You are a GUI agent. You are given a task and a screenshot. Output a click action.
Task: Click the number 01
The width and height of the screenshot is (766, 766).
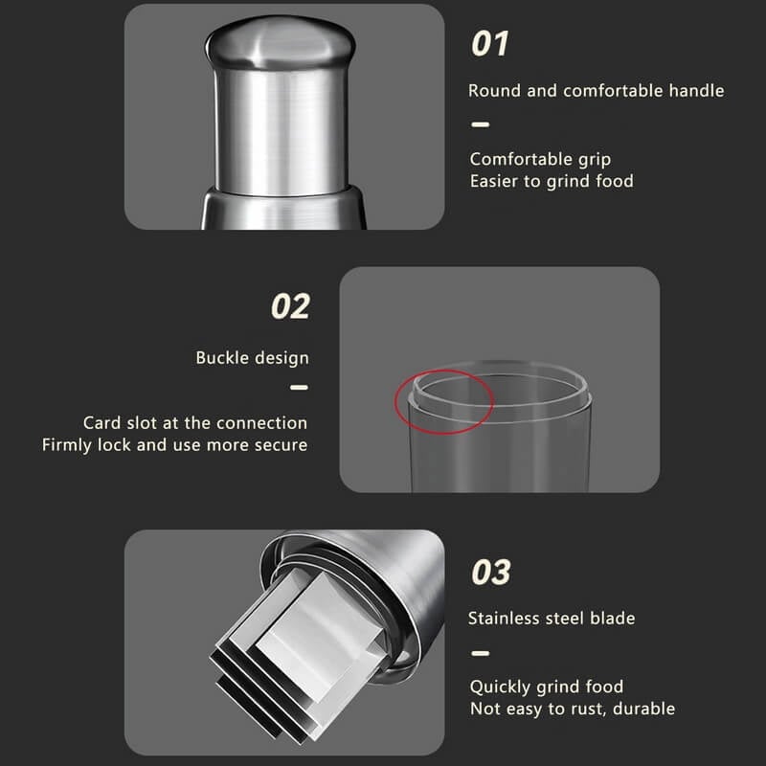[489, 43]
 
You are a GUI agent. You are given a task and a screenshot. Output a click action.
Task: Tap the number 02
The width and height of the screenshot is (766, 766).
[290, 306]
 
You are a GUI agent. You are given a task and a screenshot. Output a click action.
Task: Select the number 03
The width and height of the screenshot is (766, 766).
[491, 572]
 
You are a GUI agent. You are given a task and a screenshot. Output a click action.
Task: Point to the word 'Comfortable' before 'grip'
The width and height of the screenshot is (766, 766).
[521, 159]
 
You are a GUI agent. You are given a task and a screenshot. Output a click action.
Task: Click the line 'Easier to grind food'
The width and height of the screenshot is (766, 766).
[552, 181]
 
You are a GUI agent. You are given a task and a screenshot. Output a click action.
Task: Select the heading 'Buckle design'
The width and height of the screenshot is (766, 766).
[252, 358]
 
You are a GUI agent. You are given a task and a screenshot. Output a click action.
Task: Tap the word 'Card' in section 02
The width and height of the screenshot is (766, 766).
[102, 422]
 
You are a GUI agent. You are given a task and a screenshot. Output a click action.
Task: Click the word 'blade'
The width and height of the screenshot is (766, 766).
[613, 619]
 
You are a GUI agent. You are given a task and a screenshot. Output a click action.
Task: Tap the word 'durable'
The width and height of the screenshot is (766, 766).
[643, 709]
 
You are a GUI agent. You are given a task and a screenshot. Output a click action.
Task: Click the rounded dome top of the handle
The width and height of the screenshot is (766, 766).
[280, 41]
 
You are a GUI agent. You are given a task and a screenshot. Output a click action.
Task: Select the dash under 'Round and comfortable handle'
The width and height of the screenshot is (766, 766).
[481, 124]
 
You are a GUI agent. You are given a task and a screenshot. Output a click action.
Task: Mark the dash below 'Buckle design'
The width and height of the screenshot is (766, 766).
[299, 388]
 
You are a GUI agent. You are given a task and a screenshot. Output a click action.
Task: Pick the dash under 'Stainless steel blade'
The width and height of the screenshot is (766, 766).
[481, 653]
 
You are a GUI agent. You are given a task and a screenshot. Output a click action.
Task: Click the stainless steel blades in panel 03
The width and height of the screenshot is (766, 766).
[298, 655]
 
